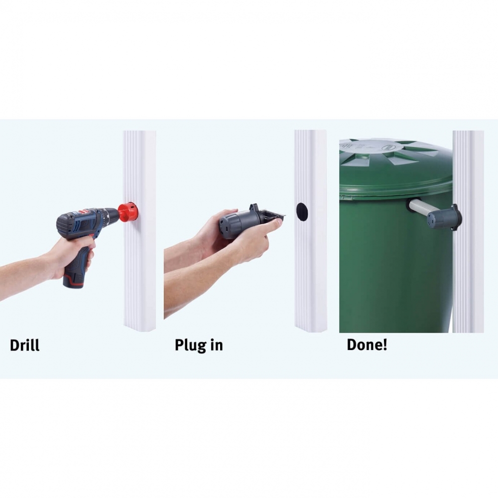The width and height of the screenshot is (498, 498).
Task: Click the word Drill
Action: (x=25, y=345)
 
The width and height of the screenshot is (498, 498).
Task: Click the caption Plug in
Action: (x=199, y=346)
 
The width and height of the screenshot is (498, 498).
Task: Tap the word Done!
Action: (x=367, y=345)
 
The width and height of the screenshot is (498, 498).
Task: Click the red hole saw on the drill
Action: (x=127, y=211)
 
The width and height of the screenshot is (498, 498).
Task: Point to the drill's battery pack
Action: (x=74, y=280)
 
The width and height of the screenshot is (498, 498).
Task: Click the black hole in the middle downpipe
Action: (x=302, y=212)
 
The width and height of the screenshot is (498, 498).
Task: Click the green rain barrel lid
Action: (x=396, y=167)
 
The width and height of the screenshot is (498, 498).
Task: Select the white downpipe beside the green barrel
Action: (x=468, y=232)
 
